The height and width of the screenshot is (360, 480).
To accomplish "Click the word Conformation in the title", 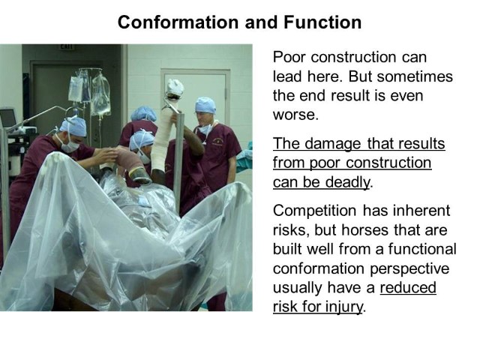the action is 178,22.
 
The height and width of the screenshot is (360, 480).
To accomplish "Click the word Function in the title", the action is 322,22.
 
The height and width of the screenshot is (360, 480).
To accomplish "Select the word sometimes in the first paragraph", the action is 415,76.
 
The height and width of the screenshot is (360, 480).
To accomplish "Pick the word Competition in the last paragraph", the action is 315,211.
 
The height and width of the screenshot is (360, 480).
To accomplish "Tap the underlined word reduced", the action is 408,287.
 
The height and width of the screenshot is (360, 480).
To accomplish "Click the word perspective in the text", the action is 409,269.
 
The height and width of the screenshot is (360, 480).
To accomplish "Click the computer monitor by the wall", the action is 8,117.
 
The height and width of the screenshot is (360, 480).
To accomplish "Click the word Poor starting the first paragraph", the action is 289,57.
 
